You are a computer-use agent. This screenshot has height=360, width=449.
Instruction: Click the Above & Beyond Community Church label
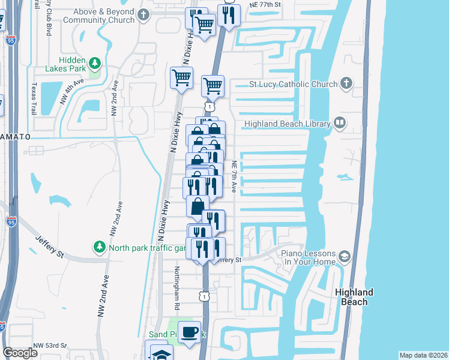(x=105, y=15)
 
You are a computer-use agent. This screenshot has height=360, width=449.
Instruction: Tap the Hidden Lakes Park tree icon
(x=95, y=63)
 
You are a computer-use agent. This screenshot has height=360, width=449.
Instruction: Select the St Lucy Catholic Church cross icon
(x=346, y=83)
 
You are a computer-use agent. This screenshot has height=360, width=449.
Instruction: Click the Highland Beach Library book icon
(x=340, y=124)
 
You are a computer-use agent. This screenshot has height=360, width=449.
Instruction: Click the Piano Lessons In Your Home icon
(x=345, y=257)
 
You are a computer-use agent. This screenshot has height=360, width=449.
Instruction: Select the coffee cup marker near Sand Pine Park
(x=190, y=332)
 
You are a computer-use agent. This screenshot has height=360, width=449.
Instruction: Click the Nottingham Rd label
(x=178, y=288)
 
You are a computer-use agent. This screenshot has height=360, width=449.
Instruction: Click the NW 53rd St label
(x=50, y=346)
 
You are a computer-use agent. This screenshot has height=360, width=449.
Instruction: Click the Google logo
(x=19, y=353)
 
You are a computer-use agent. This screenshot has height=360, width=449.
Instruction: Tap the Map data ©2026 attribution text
(x=424, y=355)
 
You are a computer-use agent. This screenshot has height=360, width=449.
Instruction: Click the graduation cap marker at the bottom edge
(x=161, y=353)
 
